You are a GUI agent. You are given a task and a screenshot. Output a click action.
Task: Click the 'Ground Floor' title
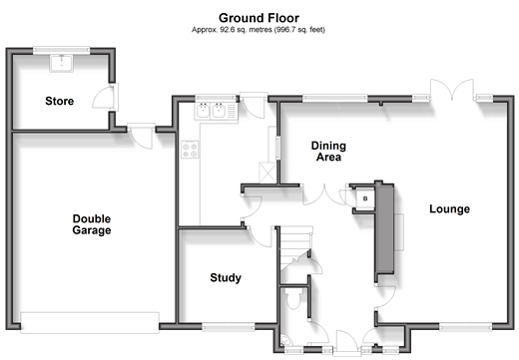click(x=259, y=18)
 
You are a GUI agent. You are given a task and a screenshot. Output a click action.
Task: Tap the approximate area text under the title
click(x=259, y=30)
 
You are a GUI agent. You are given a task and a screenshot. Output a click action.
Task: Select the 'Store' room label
click(x=60, y=101)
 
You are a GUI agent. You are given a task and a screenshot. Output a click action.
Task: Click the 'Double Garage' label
click(x=92, y=224)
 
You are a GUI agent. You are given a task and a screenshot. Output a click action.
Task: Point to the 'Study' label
click(x=226, y=278)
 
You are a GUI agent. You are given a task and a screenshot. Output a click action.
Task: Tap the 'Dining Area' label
click(x=328, y=152)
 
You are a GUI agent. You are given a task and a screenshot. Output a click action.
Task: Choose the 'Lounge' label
click(x=449, y=209)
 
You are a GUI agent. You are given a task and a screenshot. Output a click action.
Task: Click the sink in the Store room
click(x=61, y=63)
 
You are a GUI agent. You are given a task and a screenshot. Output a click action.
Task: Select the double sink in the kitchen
click(x=216, y=111)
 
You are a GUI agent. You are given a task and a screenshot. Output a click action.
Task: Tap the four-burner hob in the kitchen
click(x=190, y=150)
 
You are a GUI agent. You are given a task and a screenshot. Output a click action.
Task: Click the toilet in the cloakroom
click(x=293, y=298)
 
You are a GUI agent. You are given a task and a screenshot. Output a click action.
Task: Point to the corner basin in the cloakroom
click(x=285, y=340)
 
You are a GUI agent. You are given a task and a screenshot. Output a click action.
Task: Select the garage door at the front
click(x=90, y=322)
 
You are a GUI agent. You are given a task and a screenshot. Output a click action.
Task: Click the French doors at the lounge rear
click(x=452, y=90)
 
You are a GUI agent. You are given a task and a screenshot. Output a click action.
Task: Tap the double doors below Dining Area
click(x=324, y=194)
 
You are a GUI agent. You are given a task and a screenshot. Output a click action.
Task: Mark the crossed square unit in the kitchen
click(x=267, y=173)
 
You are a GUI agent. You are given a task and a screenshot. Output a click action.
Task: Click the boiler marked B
click(x=365, y=198)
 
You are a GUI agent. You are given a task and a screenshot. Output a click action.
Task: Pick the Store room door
click(x=106, y=97)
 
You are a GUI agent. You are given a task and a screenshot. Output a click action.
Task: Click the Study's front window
click(x=229, y=327)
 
